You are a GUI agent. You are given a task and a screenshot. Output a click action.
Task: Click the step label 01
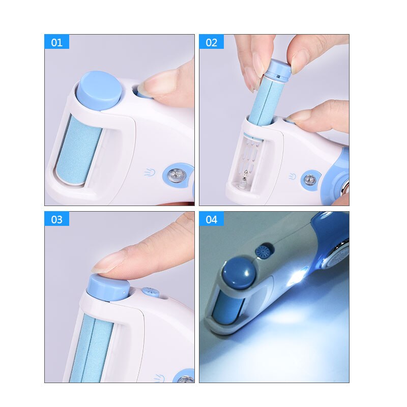pyautogui.click(x=56, y=42)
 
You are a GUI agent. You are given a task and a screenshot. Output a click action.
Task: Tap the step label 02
pyautogui.click(x=211, y=42)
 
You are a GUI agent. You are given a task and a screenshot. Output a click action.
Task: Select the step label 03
pyautogui.click(x=56, y=219)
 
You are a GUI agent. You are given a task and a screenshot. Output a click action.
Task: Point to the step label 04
pyautogui.click(x=211, y=219)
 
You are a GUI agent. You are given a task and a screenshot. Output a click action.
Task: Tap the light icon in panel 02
pyautogui.click(x=292, y=177)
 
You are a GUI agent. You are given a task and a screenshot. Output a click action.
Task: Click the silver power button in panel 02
pyautogui.click(x=310, y=179)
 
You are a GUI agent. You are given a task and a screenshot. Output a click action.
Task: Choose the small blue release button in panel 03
pyautogui.click(x=150, y=293)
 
